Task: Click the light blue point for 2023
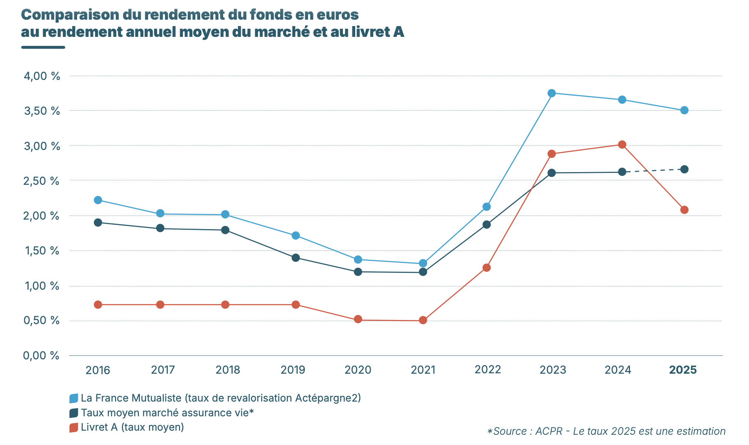(552, 93)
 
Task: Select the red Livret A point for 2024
(622, 145)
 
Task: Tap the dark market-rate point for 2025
(684, 169)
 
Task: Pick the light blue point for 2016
(98, 200)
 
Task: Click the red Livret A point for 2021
(423, 320)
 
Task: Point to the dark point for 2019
(296, 258)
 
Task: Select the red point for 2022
(486, 268)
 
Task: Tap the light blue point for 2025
(684, 110)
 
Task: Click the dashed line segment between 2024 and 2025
(653, 170)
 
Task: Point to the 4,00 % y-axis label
(42, 76)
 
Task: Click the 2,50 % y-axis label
(42, 181)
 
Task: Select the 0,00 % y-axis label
(41, 356)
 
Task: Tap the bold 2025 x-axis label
(683, 370)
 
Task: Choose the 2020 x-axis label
(358, 370)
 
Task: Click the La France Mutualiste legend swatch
(74, 398)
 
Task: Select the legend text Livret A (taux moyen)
(132, 427)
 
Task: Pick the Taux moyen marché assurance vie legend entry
(167, 413)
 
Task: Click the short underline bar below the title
(43, 47)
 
